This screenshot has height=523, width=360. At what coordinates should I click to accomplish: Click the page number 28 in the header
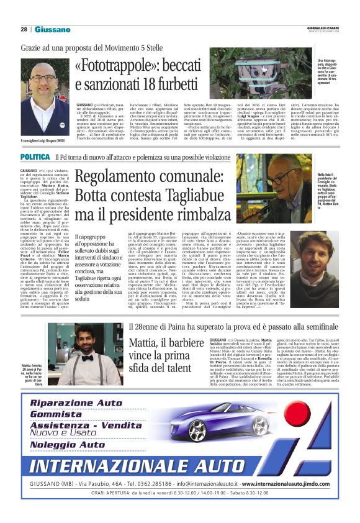[24, 29]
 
